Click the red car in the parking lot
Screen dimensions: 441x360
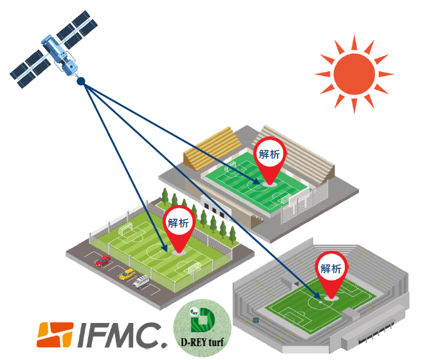103,261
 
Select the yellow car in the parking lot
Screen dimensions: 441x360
126,273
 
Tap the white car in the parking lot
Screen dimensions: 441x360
142,281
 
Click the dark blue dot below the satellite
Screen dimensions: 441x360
81,82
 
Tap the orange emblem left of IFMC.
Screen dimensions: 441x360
54,335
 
